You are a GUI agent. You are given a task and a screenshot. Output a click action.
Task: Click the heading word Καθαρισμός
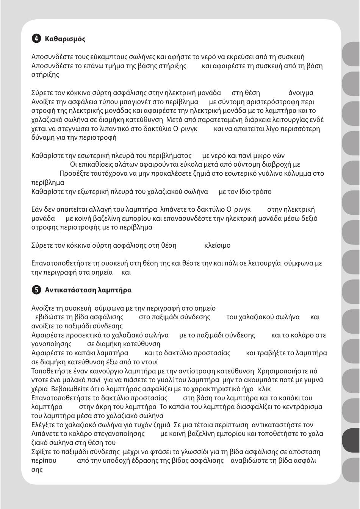tap(65, 39)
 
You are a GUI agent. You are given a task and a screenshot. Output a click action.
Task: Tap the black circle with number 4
tap(36, 39)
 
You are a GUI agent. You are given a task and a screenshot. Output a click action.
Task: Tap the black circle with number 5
tap(36, 290)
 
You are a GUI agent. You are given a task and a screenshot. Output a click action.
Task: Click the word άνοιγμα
tap(301, 93)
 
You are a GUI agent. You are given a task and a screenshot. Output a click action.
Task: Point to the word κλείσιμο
tap(217, 245)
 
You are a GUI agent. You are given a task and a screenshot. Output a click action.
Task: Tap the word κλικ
tap(265, 389)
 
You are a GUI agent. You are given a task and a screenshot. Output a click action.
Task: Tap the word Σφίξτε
tap(41, 452)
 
